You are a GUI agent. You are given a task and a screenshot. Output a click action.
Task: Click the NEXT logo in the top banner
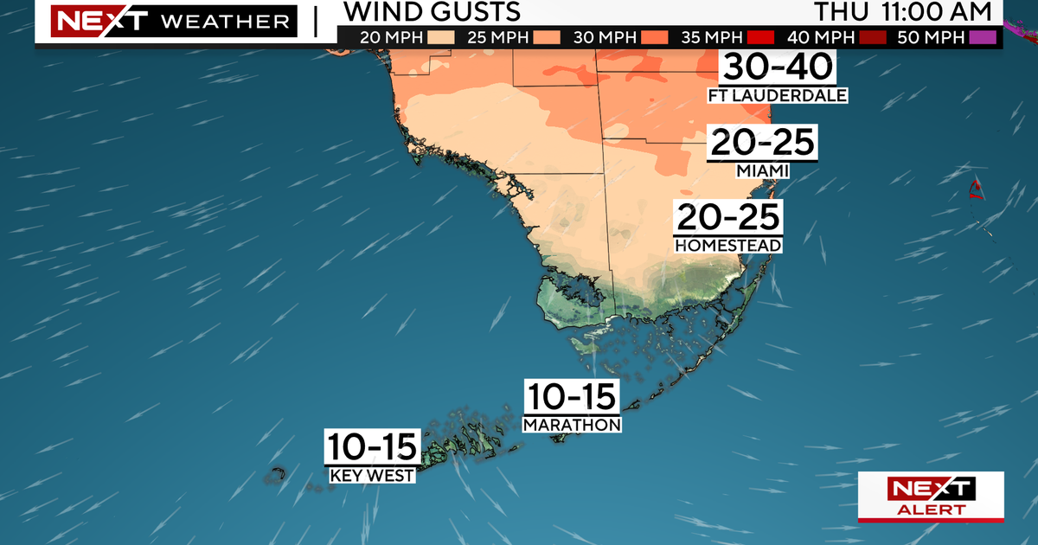(87, 21)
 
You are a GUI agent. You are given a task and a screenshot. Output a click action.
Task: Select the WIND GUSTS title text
(432, 11)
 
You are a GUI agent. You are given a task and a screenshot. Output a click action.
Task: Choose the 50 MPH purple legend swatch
(984, 37)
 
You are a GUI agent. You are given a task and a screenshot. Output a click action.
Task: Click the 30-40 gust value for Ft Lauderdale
(778, 67)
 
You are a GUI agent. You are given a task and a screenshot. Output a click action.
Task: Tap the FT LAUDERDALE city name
(778, 95)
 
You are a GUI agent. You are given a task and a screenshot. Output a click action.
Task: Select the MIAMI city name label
(762, 171)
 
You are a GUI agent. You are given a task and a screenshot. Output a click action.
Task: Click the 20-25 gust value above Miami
(762, 143)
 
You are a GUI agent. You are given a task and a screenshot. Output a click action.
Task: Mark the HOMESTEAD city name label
(728, 246)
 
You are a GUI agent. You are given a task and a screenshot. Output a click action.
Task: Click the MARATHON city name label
(573, 424)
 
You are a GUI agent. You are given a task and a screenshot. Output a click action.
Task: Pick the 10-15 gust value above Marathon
(573, 396)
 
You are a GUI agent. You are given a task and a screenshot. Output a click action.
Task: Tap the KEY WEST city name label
(372, 475)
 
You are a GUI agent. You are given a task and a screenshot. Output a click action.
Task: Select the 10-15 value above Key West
(372, 446)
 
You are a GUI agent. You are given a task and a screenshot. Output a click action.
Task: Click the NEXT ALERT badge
(931, 497)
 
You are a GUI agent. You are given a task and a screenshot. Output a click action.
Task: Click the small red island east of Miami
(976, 188)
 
